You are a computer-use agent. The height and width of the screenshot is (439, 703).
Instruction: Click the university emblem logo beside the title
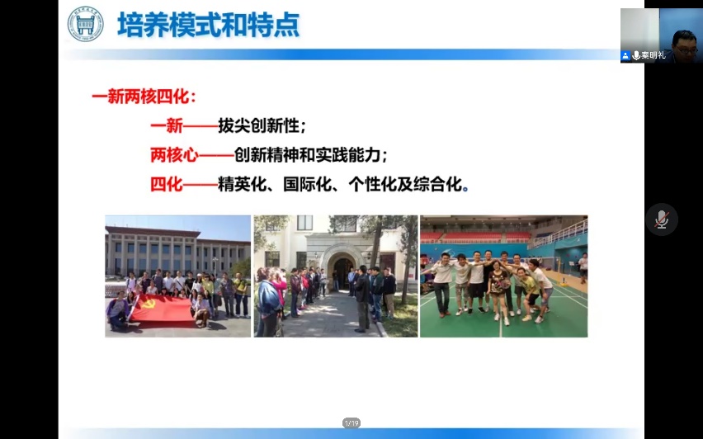[x=85, y=24]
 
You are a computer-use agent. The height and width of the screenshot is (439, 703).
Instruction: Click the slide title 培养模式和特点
[x=209, y=25]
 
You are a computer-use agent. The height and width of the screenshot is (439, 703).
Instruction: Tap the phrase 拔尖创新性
[x=259, y=126]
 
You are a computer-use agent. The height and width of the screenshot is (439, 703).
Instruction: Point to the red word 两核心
[x=174, y=155]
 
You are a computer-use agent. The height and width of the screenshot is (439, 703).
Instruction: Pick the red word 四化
[x=167, y=184]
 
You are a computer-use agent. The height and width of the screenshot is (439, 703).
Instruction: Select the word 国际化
[x=308, y=184]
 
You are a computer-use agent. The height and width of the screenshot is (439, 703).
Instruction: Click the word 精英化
[x=242, y=184]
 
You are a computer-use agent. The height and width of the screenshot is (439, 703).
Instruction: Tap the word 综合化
[x=437, y=184]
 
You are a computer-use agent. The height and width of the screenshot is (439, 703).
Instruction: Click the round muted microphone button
[x=662, y=219]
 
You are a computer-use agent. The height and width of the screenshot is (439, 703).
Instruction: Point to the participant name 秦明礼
[x=653, y=55]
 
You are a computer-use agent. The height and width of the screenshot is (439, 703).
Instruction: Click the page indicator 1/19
[x=351, y=422]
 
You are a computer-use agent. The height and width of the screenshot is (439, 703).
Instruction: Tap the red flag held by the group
[x=163, y=309]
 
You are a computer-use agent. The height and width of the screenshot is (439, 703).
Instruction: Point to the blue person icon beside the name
[x=626, y=55]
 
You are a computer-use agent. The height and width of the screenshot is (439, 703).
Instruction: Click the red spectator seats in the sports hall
[x=475, y=237]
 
